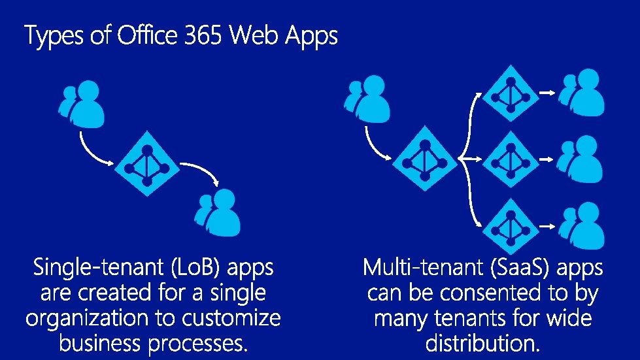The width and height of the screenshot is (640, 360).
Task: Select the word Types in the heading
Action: click(54, 36)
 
